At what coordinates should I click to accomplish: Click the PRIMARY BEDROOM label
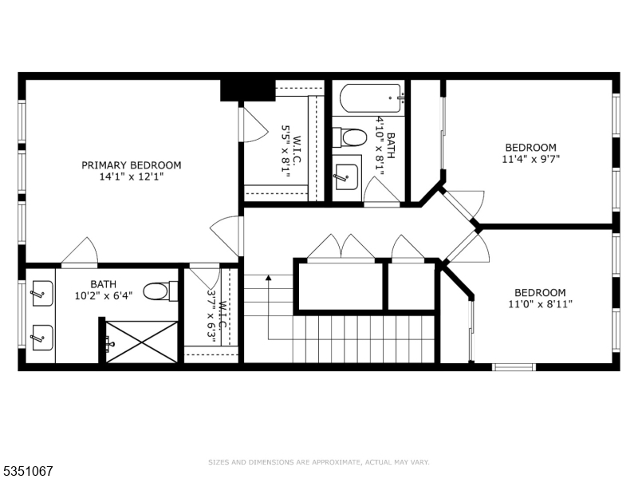132,165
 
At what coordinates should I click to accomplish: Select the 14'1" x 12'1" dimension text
132,177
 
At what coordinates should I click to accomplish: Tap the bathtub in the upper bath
371,99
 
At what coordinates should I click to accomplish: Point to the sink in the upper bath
346,175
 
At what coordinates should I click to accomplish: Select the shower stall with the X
142,342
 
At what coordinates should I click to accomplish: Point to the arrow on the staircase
268,278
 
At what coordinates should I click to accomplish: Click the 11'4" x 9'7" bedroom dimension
530,159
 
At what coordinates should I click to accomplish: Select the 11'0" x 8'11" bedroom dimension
540,303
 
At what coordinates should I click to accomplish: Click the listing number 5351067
28,471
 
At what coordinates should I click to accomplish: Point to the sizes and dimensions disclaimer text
318,462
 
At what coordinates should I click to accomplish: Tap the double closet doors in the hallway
341,247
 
